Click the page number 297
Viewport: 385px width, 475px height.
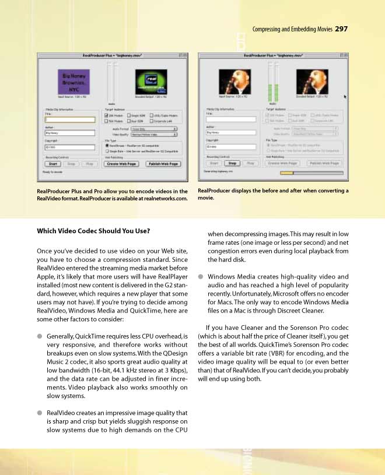tap(342, 30)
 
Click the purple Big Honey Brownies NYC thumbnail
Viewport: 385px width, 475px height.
tap(72, 82)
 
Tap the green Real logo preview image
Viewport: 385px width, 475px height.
tap(152, 82)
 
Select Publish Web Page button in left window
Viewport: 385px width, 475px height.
tap(163, 164)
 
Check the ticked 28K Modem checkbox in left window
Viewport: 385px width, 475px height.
tap(107, 115)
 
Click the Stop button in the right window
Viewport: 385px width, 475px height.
tap(231, 164)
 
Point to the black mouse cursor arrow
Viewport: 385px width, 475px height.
tap(345, 97)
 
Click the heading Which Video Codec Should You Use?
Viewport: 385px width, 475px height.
tap(93, 231)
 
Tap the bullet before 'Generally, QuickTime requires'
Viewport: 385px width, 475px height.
tap(40, 336)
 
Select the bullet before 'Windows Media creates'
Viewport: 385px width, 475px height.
tap(201, 276)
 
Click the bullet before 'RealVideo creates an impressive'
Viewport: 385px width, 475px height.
tap(40, 413)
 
